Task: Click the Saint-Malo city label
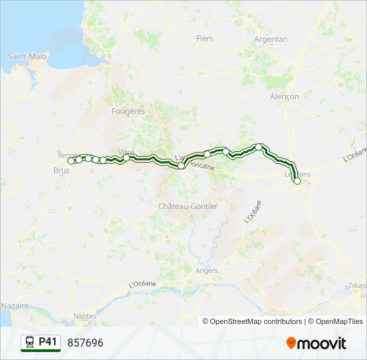pos(27,57)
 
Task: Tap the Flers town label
pos(204,39)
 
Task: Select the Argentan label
pos(271,39)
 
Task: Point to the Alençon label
pos(285,97)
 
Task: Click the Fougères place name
pos(129,111)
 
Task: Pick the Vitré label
pos(126,152)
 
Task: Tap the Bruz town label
pos(60,171)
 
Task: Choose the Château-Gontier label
pos(188,207)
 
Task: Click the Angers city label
pos(207,271)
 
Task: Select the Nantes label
pos(85,316)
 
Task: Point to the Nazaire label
pos(15,305)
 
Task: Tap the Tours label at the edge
pos(357,286)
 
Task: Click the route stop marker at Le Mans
pos(297,181)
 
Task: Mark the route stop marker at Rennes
pos(71,161)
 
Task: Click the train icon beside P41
pos(30,343)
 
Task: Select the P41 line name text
pos(47,342)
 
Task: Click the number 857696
pos(85,343)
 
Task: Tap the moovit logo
pos(316,343)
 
